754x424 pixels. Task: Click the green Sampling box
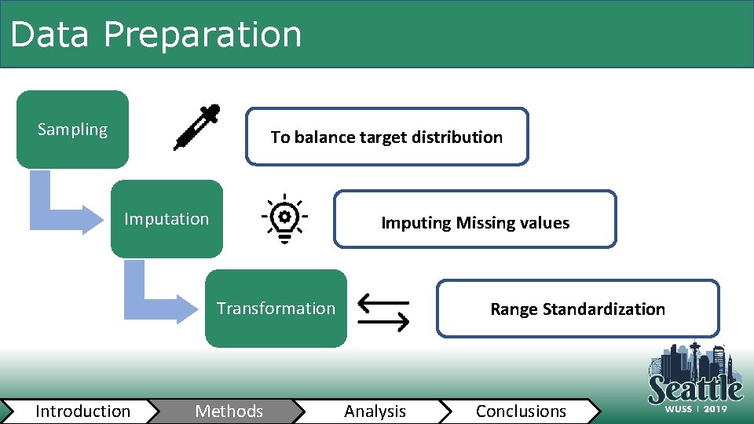[x=72, y=130]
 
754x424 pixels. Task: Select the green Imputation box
[x=167, y=219]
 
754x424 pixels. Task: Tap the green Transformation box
[x=276, y=308]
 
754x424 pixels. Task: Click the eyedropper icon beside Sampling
[x=196, y=127]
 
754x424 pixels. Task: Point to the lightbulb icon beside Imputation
[x=284, y=217]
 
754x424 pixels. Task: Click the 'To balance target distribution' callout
[x=386, y=137]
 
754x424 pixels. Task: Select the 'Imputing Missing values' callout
[x=475, y=223]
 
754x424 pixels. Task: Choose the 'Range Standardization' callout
[x=577, y=309]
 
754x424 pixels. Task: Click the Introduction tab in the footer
[x=82, y=411]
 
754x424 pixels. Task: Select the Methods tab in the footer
[x=229, y=411]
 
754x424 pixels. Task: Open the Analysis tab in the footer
[x=375, y=411]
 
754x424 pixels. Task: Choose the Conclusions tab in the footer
[x=521, y=411]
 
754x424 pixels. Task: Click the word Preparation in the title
[x=202, y=35]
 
